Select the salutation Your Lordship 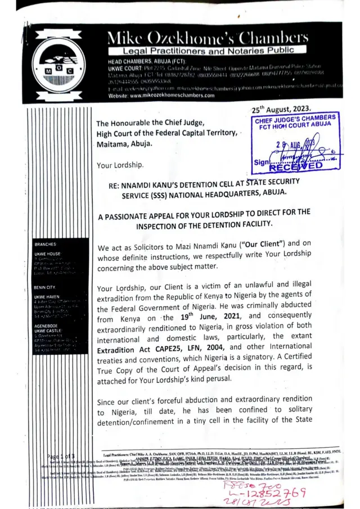tap(120, 165)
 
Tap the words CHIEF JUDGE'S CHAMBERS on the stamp tap(295, 119)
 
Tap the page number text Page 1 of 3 tap(61, 454)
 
